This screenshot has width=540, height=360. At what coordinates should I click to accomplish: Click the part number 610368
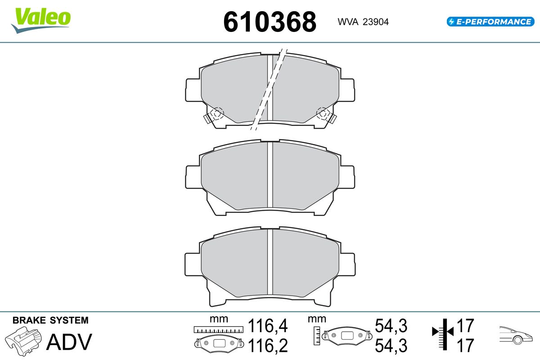[x=270, y=22]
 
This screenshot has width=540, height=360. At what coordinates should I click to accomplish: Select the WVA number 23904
[x=376, y=22]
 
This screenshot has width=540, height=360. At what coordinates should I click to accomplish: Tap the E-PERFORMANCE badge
[x=490, y=22]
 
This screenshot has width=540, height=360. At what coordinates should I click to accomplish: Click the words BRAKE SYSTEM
[x=50, y=320]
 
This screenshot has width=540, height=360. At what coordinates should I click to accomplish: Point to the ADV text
[x=69, y=342]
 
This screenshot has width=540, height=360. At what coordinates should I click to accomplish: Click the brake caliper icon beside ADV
[x=23, y=341]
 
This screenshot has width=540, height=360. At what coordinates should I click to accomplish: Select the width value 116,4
[x=268, y=325]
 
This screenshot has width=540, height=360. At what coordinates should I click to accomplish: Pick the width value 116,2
[x=268, y=346]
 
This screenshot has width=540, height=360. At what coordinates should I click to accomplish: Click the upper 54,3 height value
[x=391, y=325]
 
